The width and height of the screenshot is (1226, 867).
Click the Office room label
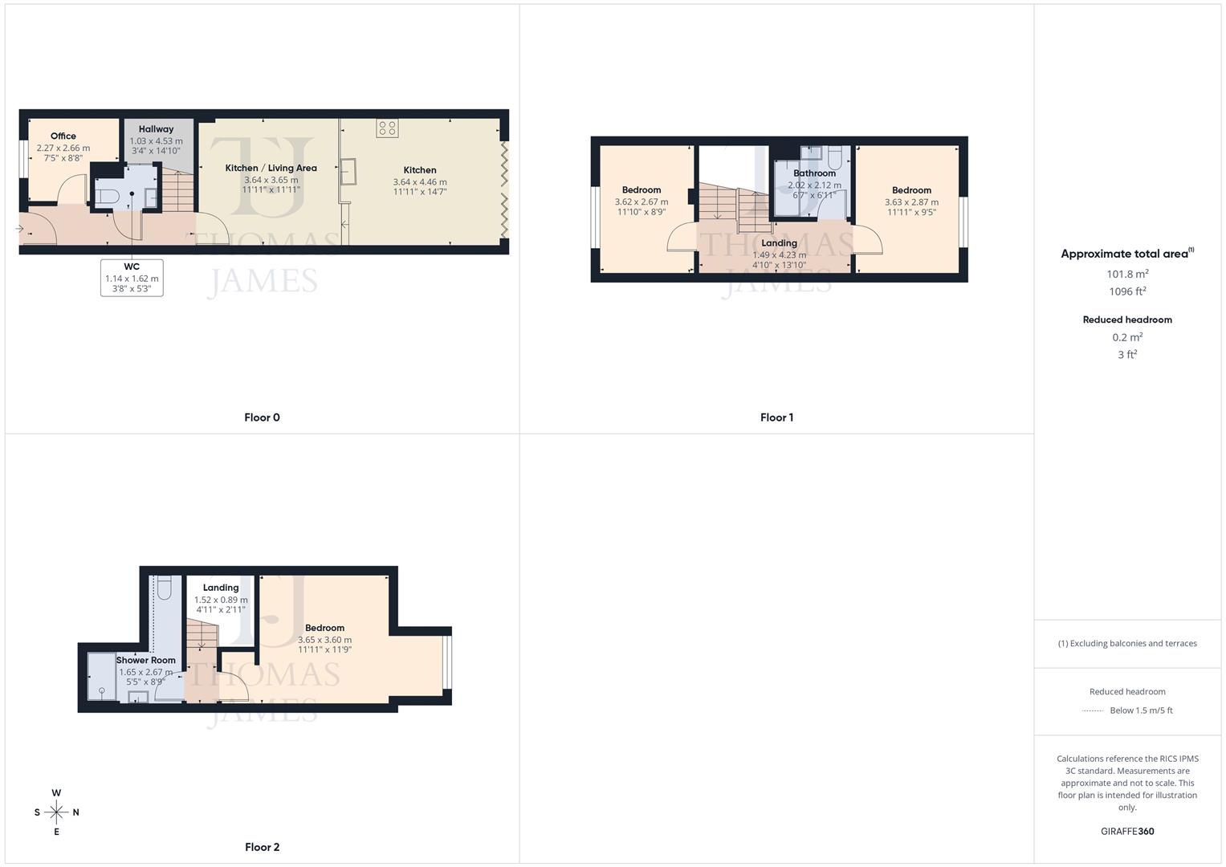pyautogui.click(x=63, y=136)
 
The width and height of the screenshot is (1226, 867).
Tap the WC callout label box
pyautogui.click(x=132, y=278)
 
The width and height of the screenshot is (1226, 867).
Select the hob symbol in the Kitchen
pyautogui.click(x=387, y=128)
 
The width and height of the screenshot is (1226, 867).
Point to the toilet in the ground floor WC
pyautogui.click(x=108, y=194)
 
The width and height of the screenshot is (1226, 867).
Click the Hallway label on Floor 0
pyautogui.click(x=156, y=129)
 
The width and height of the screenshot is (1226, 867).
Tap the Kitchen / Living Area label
pyautogui.click(x=271, y=168)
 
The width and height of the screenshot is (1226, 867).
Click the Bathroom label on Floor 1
pyautogui.click(x=814, y=173)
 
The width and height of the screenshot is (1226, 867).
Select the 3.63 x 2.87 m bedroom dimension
pyautogui.click(x=911, y=202)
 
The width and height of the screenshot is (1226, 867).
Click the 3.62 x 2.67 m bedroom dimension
pyautogui.click(x=641, y=202)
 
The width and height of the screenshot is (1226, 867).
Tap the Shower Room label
pyautogui.click(x=145, y=661)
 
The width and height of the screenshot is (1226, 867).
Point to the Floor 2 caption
pyautogui.click(x=262, y=847)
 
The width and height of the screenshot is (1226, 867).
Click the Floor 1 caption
pyautogui.click(x=776, y=417)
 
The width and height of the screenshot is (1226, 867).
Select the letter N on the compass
pyautogui.click(x=76, y=812)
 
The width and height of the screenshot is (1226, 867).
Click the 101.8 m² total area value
pyautogui.click(x=1127, y=274)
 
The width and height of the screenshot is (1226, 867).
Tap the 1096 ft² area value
pyautogui.click(x=1127, y=291)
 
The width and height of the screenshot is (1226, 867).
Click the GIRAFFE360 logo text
pyautogui.click(x=1127, y=832)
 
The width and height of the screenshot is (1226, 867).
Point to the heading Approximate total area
pyautogui.click(x=1124, y=254)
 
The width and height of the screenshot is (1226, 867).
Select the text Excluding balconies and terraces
pyautogui.click(x=1131, y=643)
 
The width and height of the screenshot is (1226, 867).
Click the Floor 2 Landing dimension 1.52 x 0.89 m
pyautogui.click(x=221, y=600)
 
